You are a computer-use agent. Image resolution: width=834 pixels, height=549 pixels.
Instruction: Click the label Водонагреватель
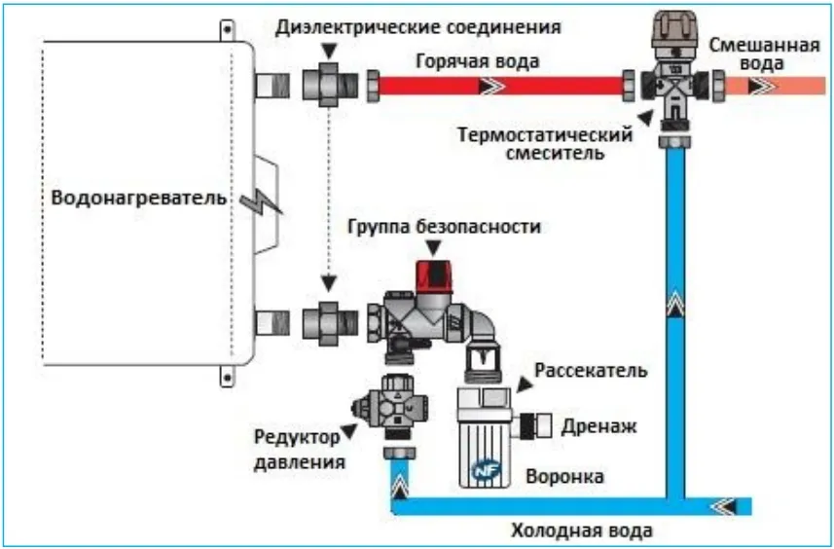pos(138,199)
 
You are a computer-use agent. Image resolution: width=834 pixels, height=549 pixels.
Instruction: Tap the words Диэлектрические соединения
pos(418,27)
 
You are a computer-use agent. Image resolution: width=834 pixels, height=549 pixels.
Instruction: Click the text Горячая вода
pos(477,61)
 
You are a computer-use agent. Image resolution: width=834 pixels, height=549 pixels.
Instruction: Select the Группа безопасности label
pos(444,227)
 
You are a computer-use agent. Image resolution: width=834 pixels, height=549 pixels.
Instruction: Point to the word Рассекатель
pos(591,370)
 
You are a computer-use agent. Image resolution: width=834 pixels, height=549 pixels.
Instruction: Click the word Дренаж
pos(598,426)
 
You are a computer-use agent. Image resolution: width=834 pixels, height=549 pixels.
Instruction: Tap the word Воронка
pos(564,476)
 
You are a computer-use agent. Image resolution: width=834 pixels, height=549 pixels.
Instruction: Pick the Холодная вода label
pos(582,531)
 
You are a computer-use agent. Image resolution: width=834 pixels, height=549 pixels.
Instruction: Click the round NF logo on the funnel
pos(484,471)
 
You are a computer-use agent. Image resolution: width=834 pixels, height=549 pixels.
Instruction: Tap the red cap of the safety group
pos(434,276)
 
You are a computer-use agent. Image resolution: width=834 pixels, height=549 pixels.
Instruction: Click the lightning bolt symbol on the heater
pos(260,201)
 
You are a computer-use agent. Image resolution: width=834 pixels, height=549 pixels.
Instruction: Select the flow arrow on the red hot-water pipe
pos(491,86)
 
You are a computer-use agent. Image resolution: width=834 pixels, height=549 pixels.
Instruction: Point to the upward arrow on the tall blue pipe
pos(675,305)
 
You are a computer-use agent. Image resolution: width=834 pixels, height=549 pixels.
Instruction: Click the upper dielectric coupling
pos(330,85)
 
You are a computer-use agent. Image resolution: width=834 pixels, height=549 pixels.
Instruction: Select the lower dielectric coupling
pos(330,323)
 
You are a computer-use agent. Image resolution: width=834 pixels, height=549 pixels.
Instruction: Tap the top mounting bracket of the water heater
pos(227,30)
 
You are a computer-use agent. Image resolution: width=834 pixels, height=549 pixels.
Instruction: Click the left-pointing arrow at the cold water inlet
pos(724,506)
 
